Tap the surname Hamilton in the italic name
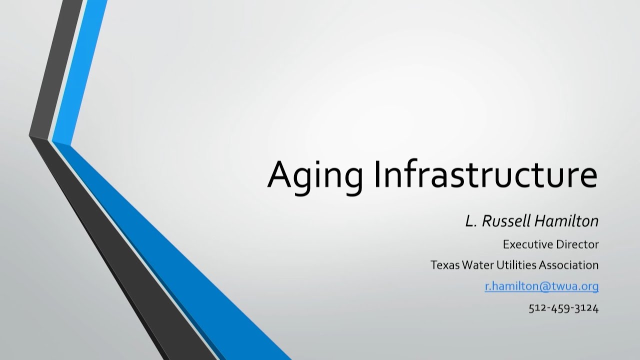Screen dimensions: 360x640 click(x=565, y=221)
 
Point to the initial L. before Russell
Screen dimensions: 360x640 click(x=470, y=221)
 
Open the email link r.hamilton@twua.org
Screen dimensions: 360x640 click(x=541, y=286)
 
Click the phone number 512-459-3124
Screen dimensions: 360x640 click(x=563, y=308)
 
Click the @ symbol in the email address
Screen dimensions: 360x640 click(x=544, y=286)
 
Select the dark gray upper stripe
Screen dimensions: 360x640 click(x=56, y=70)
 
